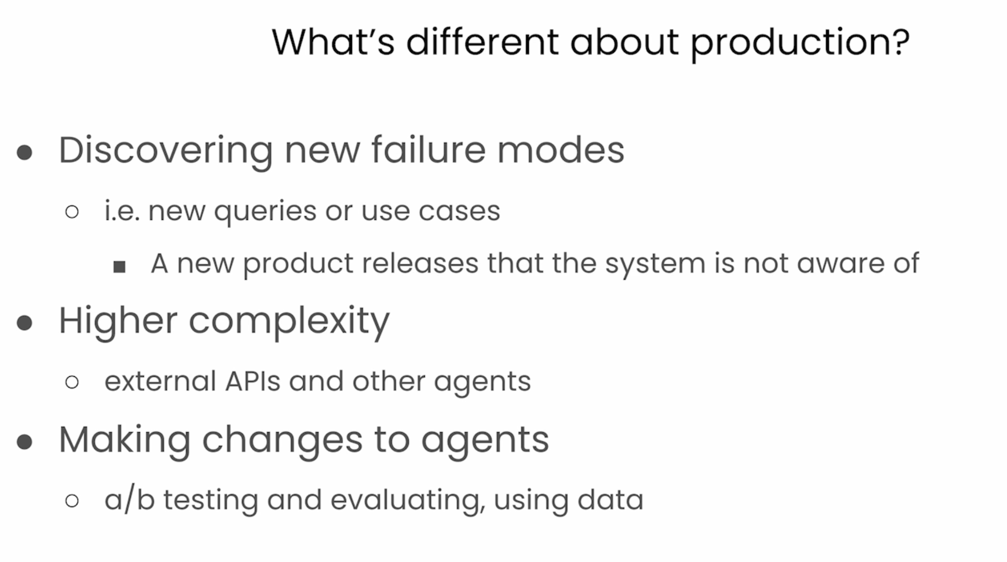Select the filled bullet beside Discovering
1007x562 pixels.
[24, 152]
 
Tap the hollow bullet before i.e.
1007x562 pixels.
[72, 211]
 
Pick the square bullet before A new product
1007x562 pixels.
[120, 266]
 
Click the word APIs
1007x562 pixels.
[253, 381]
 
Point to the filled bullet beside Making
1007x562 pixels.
[24, 442]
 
